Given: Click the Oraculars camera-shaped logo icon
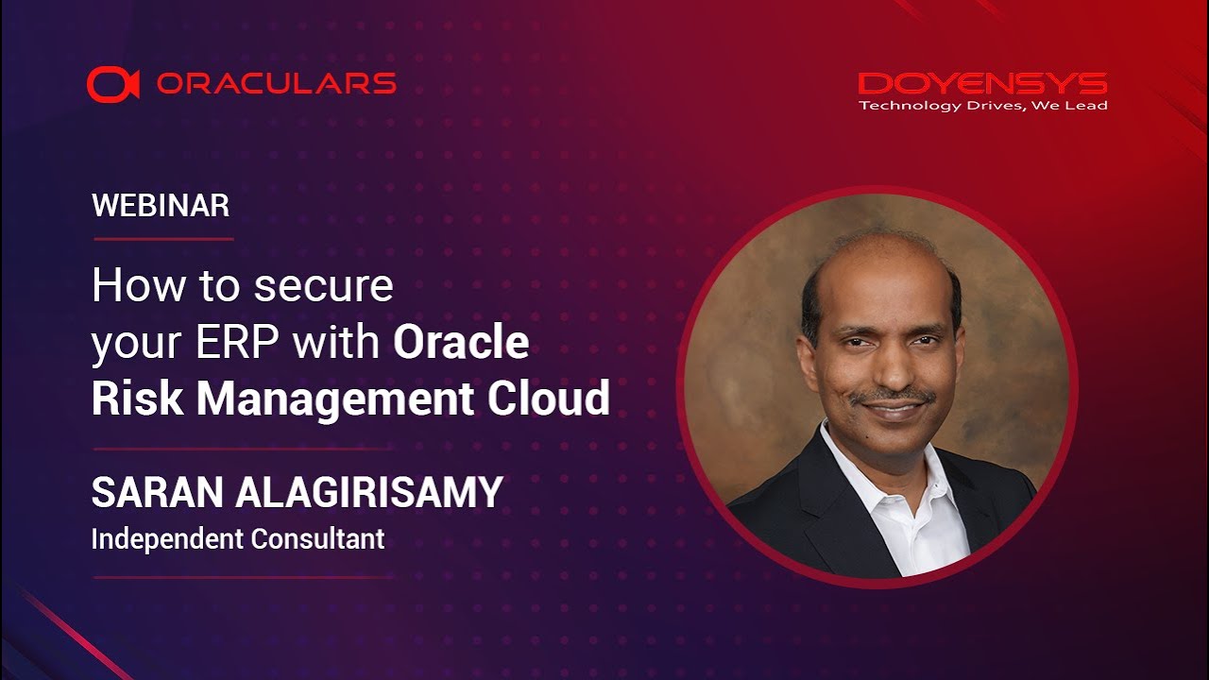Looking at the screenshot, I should coord(112,84).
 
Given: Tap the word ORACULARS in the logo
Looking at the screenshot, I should coord(276,84).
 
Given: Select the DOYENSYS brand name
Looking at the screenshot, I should coord(982,84).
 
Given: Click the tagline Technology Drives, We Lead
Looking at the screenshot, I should coord(982,106).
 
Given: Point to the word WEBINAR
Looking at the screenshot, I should coord(161,206).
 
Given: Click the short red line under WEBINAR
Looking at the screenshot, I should coord(162,239).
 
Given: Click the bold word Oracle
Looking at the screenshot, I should coord(461,343).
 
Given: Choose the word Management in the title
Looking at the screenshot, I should coord(336,399).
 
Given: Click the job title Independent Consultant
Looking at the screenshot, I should coord(238,539).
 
